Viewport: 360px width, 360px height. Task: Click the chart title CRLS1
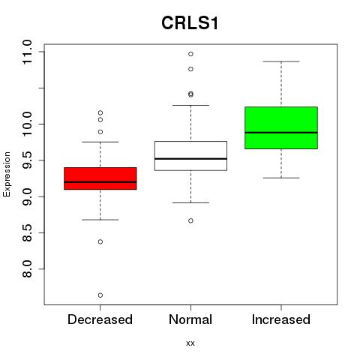pos(190,23)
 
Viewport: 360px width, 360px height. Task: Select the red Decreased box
pos(100,178)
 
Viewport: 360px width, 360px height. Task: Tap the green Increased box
pos(281,127)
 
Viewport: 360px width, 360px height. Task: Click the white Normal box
pos(190,156)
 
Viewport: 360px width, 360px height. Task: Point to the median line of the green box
pos(281,133)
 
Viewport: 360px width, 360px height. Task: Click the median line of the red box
pos(100,182)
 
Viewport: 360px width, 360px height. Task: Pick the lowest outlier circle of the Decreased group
pos(100,295)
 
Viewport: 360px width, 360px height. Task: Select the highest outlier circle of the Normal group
pos(190,54)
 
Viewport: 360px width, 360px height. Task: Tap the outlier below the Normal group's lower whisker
pos(190,220)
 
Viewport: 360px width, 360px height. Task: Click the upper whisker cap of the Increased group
pos(281,61)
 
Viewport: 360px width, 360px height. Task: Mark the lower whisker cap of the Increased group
pos(281,178)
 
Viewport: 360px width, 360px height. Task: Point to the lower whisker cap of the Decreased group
pos(100,220)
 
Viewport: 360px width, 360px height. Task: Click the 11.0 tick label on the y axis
pos(27,52)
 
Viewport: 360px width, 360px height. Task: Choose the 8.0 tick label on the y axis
pos(27,268)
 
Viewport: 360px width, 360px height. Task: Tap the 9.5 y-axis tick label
pos(27,160)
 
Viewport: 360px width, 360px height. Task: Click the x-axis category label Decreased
pos(100,319)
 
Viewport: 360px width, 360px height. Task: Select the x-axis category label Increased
pos(281,319)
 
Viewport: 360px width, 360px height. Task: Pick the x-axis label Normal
pos(190,319)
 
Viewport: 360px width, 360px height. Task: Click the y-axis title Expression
pos(7,174)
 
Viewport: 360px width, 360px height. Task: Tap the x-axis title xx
pos(190,343)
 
